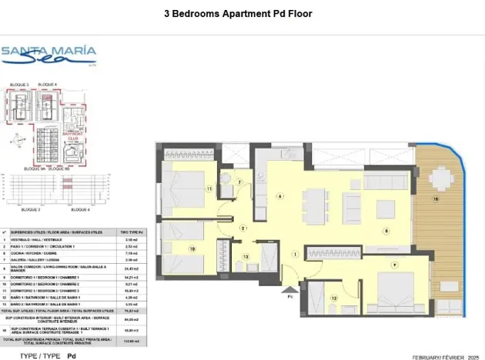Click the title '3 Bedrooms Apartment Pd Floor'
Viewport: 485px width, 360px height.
pyautogui.click(x=239, y=14)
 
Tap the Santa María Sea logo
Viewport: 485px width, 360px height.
pyautogui.click(x=48, y=55)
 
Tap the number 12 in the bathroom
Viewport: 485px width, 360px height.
pyautogui.click(x=333, y=298)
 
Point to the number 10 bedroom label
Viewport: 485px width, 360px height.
pyautogui.click(x=192, y=249)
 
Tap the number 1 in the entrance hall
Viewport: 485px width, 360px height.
pyautogui.click(x=295, y=255)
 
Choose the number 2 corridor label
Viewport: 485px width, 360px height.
pyautogui.click(x=242, y=228)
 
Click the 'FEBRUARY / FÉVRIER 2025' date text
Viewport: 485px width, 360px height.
pyautogui.click(x=445, y=357)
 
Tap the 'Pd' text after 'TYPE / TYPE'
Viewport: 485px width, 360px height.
pyautogui.click(x=72, y=356)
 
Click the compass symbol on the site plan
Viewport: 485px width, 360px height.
pyautogui.click(x=17, y=140)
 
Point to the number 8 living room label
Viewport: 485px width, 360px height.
pyautogui.click(x=386, y=230)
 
